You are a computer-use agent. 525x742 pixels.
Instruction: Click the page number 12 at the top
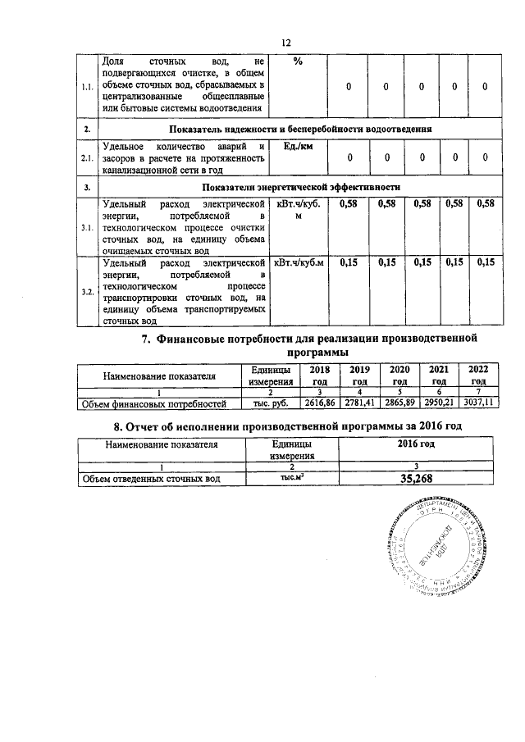tap(286, 43)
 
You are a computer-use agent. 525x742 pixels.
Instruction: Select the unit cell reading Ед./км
tap(299, 146)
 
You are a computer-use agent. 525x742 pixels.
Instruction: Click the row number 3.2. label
tap(87, 292)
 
